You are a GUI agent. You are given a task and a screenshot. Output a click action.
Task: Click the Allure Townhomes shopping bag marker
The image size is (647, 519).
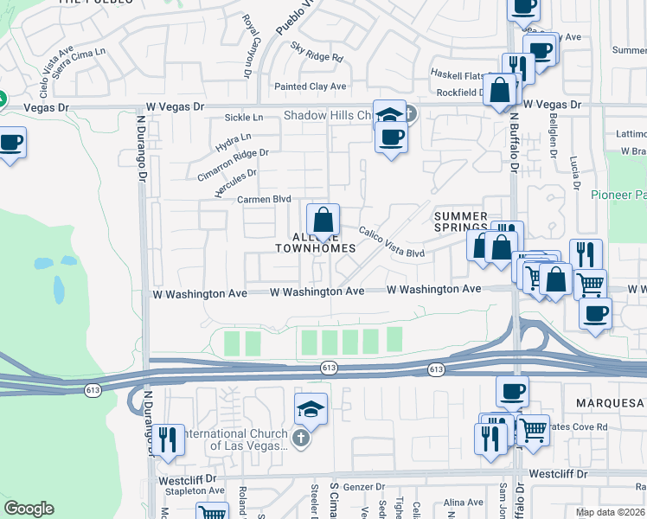[x=322, y=220]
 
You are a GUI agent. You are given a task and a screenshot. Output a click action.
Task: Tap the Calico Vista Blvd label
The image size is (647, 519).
[x=392, y=242]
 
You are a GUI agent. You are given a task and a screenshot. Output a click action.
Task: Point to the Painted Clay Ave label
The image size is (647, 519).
[x=310, y=86]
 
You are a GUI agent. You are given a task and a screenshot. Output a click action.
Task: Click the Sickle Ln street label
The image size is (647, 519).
[x=243, y=117]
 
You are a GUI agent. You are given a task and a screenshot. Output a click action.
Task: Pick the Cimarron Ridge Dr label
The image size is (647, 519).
[x=233, y=164]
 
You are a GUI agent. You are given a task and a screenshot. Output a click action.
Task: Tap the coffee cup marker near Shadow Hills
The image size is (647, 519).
[x=391, y=137]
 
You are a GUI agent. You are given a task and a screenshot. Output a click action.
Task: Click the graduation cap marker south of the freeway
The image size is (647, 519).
[x=311, y=410]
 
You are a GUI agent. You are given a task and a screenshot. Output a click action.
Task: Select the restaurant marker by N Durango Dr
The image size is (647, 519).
[x=167, y=439]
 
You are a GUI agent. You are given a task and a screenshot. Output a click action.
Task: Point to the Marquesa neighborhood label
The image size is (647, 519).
[x=611, y=404]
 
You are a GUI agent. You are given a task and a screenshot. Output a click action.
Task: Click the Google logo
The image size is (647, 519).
[x=29, y=509]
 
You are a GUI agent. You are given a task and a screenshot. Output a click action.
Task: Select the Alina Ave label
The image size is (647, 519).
[x=463, y=502]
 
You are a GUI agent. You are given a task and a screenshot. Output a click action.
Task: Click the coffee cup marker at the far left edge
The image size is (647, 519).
[x=11, y=142]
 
